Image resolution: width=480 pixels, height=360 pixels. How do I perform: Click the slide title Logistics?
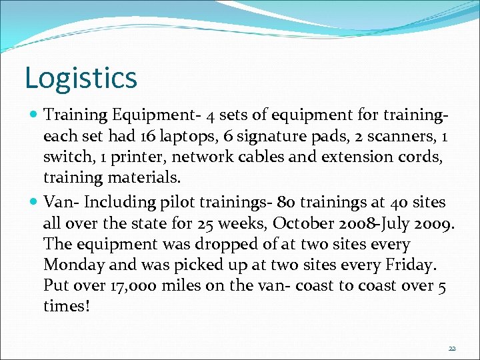81,77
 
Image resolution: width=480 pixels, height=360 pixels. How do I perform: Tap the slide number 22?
452,349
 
